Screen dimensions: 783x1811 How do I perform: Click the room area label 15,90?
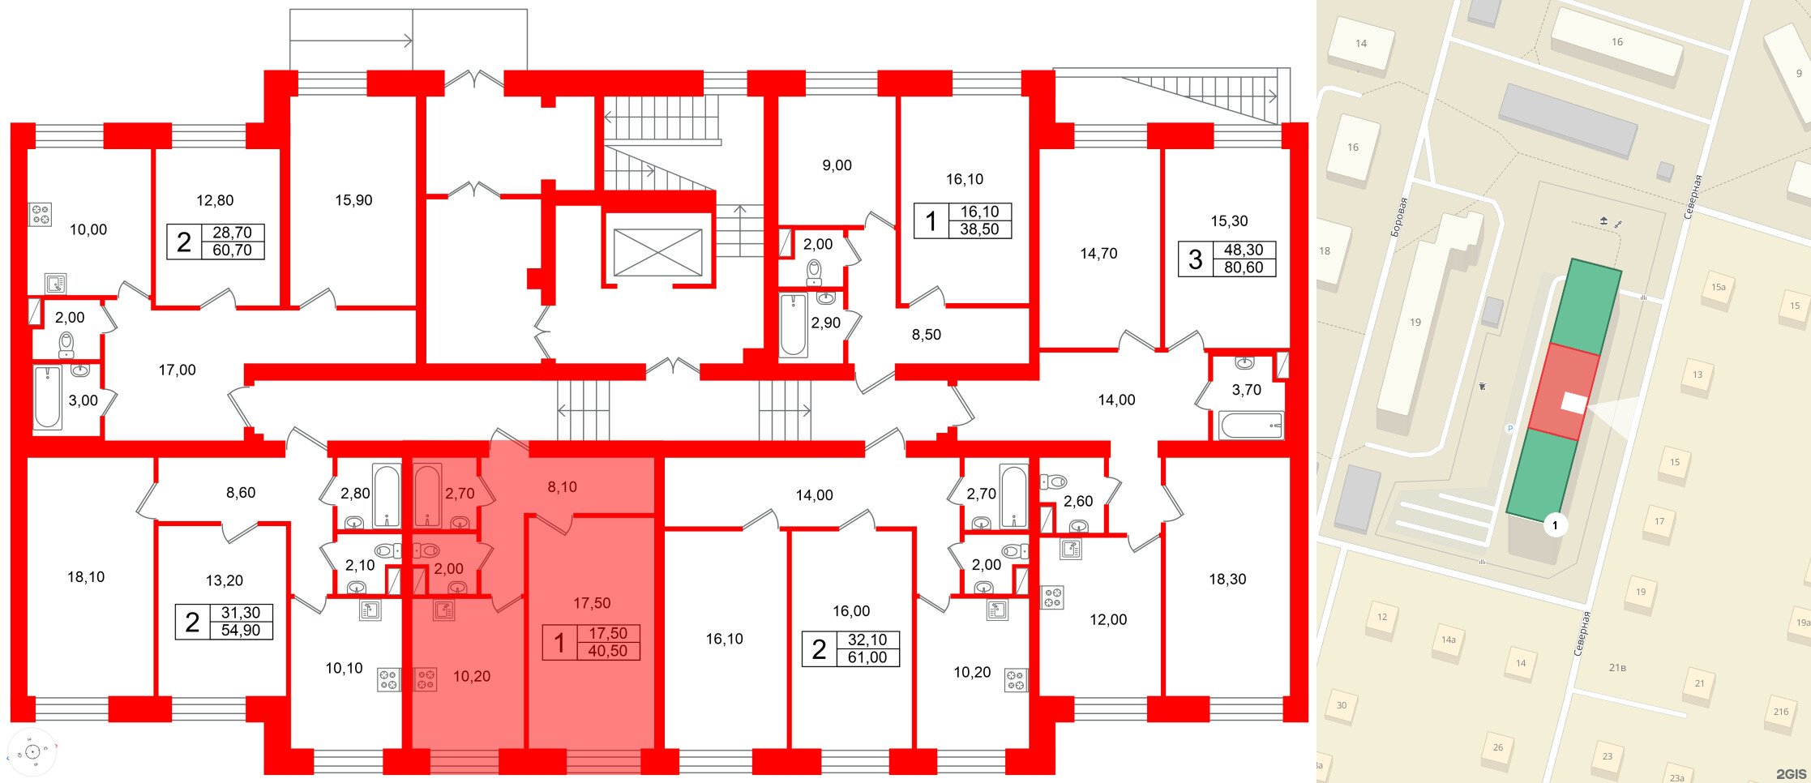click(x=353, y=200)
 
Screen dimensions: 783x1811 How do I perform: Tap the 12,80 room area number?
click(x=215, y=200)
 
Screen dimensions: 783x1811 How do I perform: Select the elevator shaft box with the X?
click(x=657, y=252)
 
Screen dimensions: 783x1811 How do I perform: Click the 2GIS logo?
click(x=1791, y=774)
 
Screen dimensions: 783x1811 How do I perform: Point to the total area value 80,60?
click(x=1243, y=268)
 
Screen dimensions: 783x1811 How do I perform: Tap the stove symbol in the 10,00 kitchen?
click(x=41, y=214)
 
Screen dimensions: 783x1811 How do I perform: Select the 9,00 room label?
click(x=837, y=165)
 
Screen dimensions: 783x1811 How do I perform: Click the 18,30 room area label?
click(x=1227, y=580)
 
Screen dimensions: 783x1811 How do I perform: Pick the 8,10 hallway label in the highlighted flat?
click(x=562, y=487)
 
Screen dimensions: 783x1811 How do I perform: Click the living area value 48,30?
click(x=1243, y=250)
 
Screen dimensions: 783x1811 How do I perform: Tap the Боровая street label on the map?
click(x=1398, y=217)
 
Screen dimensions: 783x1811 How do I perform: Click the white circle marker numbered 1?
click(x=1555, y=525)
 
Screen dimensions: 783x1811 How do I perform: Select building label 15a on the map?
click(x=1718, y=287)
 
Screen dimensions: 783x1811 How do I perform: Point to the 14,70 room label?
click(x=1098, y=254)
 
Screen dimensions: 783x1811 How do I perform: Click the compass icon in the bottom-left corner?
click(x=32, y=752)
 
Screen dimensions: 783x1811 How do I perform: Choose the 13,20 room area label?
click(x=224, y=580)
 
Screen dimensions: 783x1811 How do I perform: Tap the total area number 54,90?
click(x=241, y=631)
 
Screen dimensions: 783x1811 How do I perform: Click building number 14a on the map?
click(x=1448, y=640)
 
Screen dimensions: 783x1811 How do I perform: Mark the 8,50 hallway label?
click(x=926, y=335)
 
